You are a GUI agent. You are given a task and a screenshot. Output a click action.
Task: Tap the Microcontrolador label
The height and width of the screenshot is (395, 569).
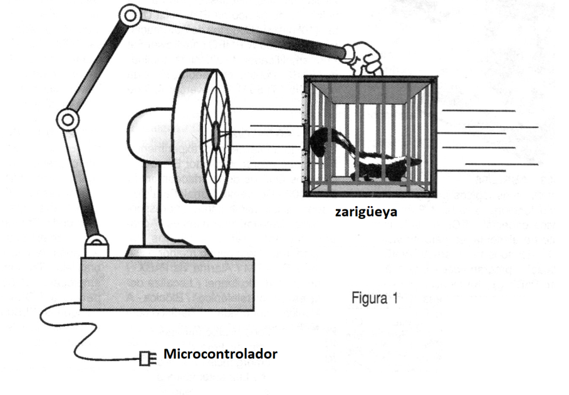[x=220, y=354]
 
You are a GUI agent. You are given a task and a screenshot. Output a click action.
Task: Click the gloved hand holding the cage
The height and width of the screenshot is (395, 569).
[x=363, y=57]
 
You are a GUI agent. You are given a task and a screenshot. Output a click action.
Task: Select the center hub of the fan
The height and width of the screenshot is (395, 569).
[x=215, y=133]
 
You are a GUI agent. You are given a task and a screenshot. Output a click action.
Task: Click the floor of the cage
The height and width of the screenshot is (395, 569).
[x=370, y=184]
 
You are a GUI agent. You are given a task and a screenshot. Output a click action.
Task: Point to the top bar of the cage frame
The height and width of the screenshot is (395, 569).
[x=370, y=80]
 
